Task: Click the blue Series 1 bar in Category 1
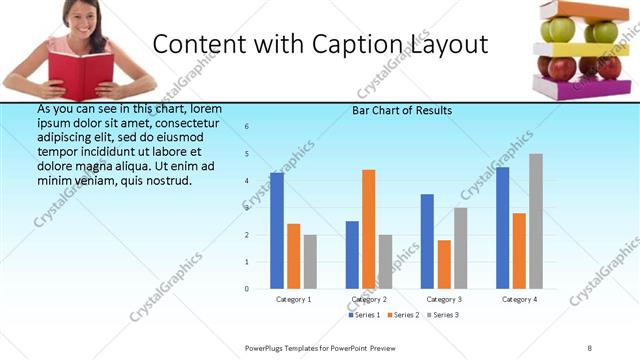tap(277, 231)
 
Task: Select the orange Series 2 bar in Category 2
tap(369, 229)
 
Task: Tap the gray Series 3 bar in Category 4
tap(536, 221)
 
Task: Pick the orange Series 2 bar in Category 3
tap(444, 264)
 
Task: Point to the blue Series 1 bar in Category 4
tap(502, 228)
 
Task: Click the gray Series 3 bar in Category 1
tap(310, 262)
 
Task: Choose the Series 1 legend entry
tap(366, 315)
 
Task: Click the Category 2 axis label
tap(369, 299)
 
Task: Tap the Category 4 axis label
tap(519, 299)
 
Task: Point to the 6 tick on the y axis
tap(247, 126)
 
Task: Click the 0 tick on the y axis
tap(247, 289)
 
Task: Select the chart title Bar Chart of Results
tap(402, 110)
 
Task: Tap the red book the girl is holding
tap(81, 75)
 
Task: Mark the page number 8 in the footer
tap(589, 347)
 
